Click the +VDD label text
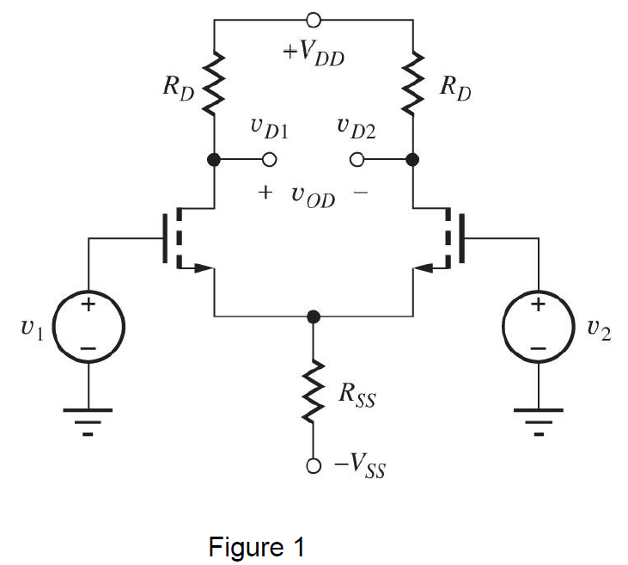point(314,53)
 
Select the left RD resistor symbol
point(214,84)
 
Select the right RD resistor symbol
point(412,84)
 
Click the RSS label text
point(357,397)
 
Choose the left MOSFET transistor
point(185,238)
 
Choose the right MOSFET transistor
point(442,238)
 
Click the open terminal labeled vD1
point(269,160)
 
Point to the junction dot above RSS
point(314,316)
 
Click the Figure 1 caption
point(257,547)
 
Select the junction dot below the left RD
point(214,160)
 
